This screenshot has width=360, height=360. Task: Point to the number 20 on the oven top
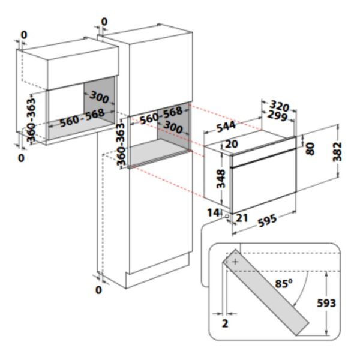[x=232, y=144]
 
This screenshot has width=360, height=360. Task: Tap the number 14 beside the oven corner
[x=214, y=212]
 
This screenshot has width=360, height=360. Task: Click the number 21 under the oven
[x=242, y=217]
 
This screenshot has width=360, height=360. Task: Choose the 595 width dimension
[x=268, y=220]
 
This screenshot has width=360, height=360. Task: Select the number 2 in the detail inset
[x=225, y=323]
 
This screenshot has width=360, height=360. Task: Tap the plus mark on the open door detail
[x=235, y=262]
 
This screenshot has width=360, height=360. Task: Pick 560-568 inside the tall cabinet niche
[x=161, y=115]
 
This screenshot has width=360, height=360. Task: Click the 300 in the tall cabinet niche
[x=173, y=129]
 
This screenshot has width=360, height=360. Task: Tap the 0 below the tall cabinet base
[x=98, y=290]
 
